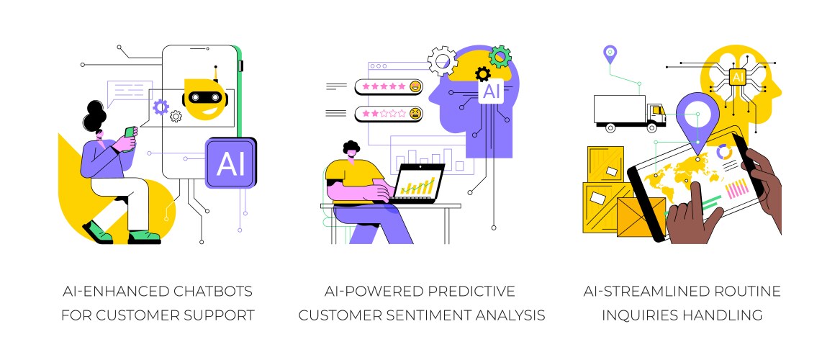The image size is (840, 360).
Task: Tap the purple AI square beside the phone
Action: (231, 163)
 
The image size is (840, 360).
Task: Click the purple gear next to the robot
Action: (161, 108)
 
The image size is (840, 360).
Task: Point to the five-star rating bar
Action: (389, 87)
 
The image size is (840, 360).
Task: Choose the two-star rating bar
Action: (389, 114)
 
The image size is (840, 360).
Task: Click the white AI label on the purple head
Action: (491, 91)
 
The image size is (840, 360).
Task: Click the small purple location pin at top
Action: (610, 53)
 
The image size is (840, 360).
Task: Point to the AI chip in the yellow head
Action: (737, 77)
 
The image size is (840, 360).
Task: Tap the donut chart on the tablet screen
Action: (726, 153)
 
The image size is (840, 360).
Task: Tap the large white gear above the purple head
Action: (443, 61)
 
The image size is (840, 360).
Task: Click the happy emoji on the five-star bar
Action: (415, 87)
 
